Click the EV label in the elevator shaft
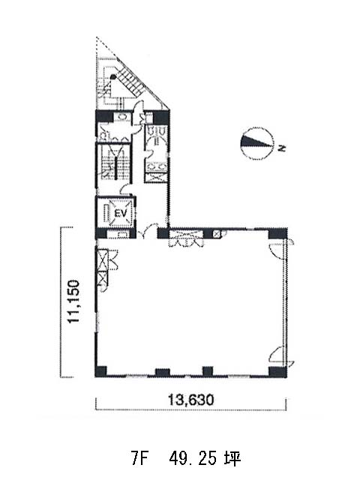(x=120, y=213)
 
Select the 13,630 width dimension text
(x=191, y=400)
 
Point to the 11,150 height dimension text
(x=73, y=301)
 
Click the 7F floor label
(x=139, y=458)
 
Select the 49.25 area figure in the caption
(x=193, y=458)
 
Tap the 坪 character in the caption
(x=233, y=458)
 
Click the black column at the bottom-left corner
(x=100, y=371)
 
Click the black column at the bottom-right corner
(x=277, y=371)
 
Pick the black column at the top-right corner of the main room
(x=277, y=234)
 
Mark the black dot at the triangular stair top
(x=113, y=76)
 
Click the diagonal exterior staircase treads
(x=131, y=81)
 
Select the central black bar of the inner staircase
(x=116, y=167)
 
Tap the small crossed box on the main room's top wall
(x=217, y=234)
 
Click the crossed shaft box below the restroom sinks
(x=156, y=178)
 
